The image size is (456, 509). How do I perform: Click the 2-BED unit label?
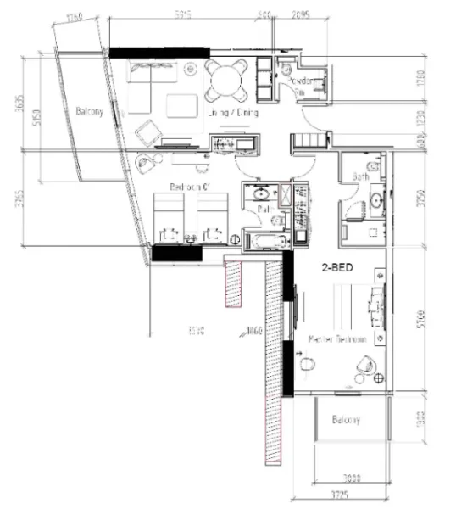[336, 266]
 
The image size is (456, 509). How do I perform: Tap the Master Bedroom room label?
[336, 338]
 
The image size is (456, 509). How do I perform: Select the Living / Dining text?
[232, 112]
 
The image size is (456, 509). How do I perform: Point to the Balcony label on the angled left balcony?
[89, 112]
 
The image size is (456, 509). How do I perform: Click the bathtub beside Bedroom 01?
[264, 243]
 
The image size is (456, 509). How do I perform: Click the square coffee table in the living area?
[181, 106]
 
